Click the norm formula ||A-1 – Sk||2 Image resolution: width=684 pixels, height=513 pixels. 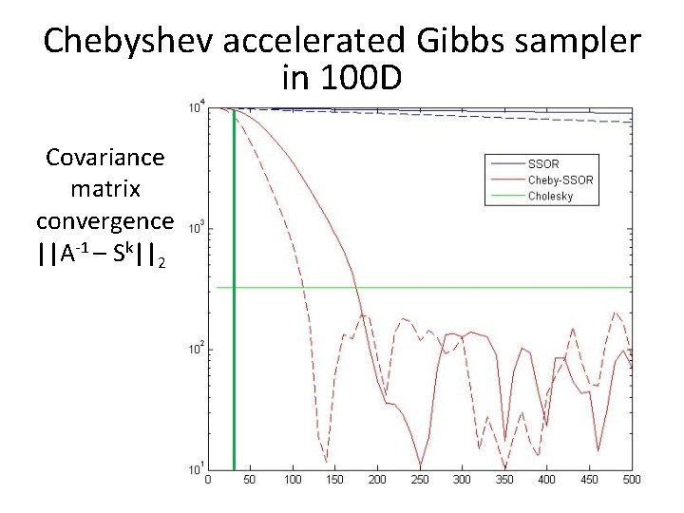[103, 255]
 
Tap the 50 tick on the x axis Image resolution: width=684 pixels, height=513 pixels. [250, 480]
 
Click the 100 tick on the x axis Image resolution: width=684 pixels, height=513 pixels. [293, 480]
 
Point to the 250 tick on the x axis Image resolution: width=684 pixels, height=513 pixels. [420, 480]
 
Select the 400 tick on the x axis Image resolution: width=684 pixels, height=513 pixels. [547, 480]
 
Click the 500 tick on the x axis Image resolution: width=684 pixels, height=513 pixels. [632, 480]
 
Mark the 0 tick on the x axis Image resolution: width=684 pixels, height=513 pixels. [208, 480]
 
